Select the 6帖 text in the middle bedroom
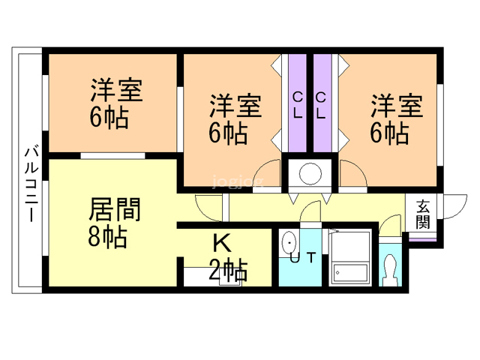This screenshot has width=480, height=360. point(229,133)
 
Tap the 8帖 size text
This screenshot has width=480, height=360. point(106,237)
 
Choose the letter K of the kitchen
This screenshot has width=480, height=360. point(220,244)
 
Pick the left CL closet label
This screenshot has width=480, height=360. point(297,106)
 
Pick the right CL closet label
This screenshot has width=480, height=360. point(320,106)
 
